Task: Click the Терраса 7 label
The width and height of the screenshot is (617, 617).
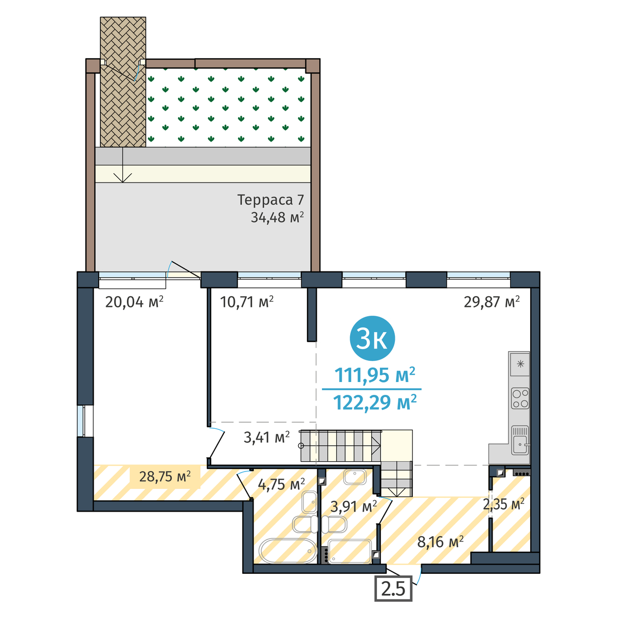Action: (x=270, y=200)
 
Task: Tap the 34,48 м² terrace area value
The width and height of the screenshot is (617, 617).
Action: (x=277, y=217)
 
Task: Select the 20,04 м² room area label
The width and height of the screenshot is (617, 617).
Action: (x=134, y=302)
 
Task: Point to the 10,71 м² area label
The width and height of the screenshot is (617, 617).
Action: (x=247, y=302)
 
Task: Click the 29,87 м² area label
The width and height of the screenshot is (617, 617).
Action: (x=492, y=302)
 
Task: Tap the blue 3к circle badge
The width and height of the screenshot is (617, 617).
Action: (x=372, y=338)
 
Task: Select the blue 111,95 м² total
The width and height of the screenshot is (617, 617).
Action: (x=375, y=375)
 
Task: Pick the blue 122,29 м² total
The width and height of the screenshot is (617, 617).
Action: (x=375, y=402)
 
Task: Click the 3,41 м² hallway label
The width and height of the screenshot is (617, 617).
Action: (x=266, y=437)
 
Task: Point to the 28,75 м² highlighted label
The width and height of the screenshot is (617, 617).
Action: (x=165, y=477)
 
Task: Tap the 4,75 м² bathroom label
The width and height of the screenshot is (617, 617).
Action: (x=281, y=484)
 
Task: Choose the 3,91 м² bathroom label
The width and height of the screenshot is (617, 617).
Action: (x=353, y=506)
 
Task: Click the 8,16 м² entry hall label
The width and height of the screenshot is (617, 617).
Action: (x=440, y=542)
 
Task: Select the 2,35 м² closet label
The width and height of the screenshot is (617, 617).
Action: (x=504, y=504)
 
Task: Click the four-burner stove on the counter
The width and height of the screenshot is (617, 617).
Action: (x=520, y=398)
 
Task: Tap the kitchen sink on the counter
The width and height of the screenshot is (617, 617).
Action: (x=520, y=440)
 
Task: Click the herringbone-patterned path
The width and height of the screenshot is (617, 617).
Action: (x=123, y=82)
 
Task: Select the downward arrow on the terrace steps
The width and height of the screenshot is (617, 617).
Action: (x=122, y=165)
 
